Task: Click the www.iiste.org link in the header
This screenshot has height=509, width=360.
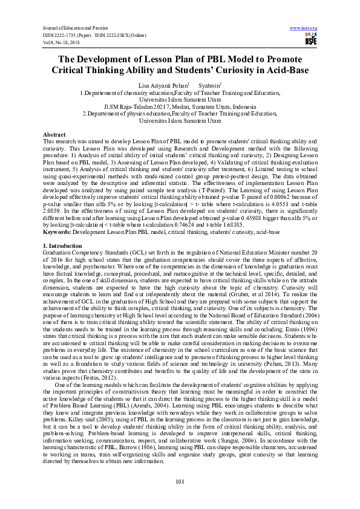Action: pos(304,28)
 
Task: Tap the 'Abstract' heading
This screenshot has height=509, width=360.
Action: pos(54,134)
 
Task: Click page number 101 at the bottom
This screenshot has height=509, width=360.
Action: pos(180,481)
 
